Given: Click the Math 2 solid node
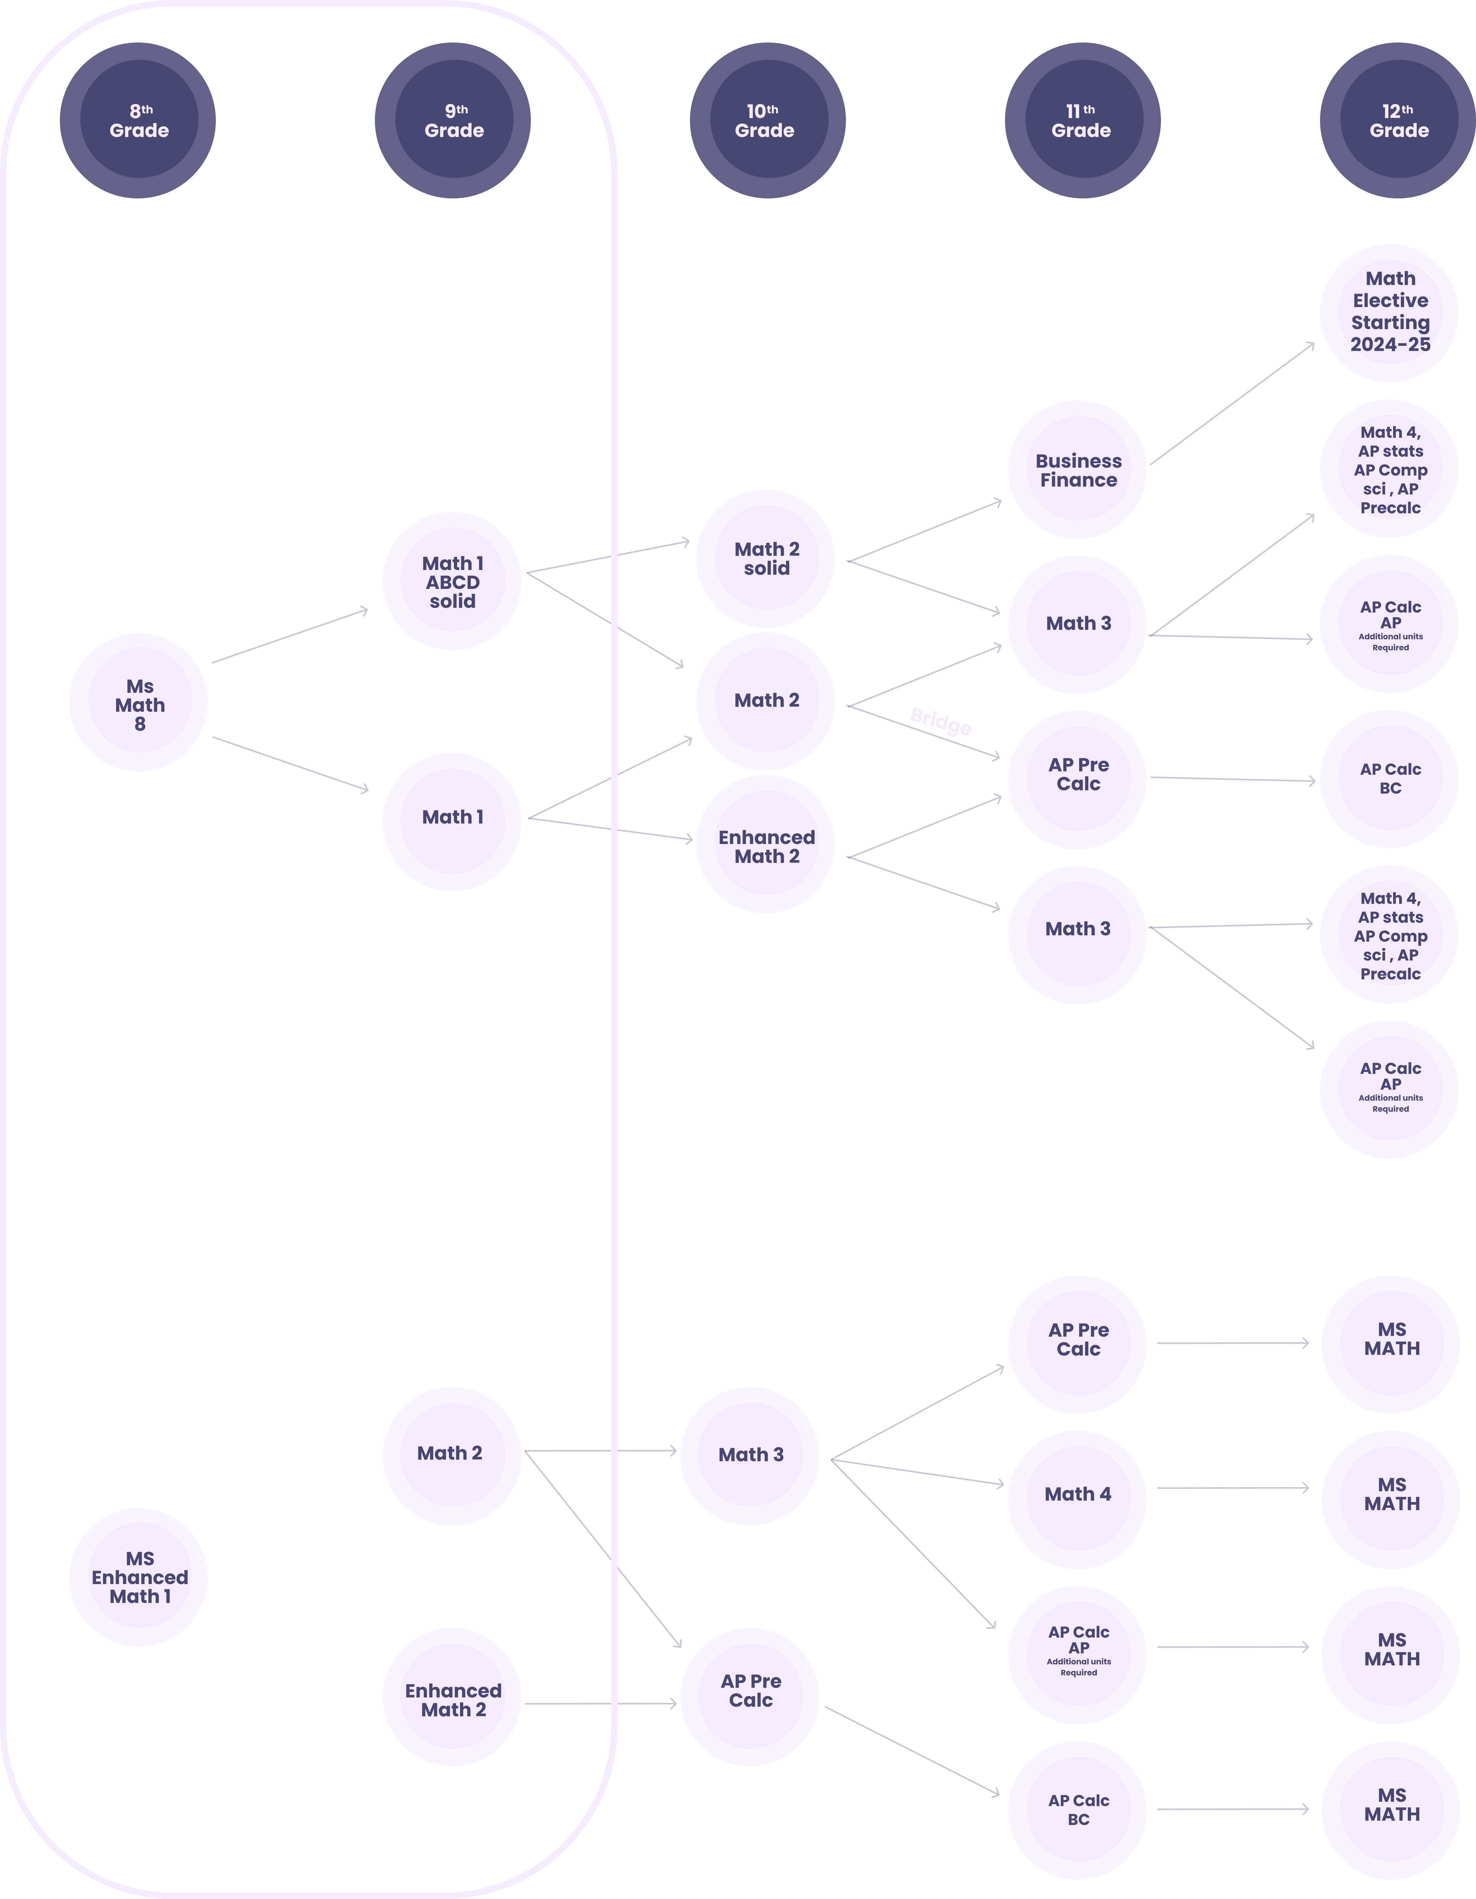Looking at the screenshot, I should point(765,558).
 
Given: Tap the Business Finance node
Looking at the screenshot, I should point(1078,470).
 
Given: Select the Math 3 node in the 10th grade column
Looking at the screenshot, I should point(750,1456).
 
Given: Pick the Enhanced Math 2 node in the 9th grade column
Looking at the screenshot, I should point(452,1700).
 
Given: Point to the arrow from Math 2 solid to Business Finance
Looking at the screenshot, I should point(924,531).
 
